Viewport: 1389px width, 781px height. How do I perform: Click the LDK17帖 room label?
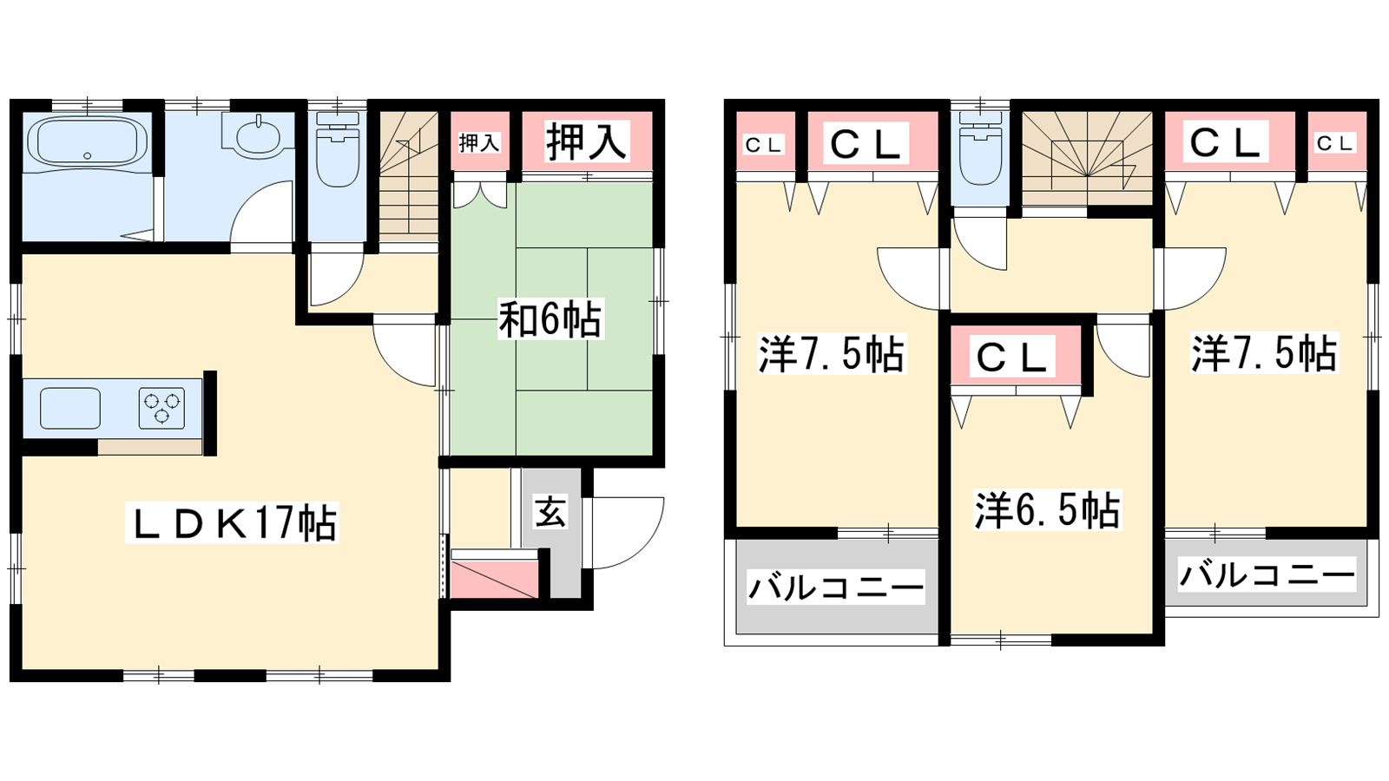coord(232,522)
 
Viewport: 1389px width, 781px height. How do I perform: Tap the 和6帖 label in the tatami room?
coord(550,319)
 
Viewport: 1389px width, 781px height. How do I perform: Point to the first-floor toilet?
coord(338,148)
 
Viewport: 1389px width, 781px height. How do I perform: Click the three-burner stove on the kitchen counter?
coord(161,409)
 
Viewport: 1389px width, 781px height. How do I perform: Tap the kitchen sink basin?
coord(70,409)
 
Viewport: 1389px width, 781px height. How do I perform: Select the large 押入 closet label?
coord(586,141)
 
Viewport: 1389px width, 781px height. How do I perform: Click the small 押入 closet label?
coord(479,142)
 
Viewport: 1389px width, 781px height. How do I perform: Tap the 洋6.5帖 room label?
coord(1047,510)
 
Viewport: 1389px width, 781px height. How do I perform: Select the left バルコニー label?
coord(836,587)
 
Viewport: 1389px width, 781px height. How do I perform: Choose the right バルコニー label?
coord(1267,574)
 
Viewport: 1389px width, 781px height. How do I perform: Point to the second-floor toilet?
coord(980,148)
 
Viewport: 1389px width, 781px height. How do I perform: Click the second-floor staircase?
coord(1087,159)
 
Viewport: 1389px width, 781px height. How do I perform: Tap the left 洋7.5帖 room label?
coord(831,354)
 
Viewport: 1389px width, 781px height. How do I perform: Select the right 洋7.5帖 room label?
coord(1264,353)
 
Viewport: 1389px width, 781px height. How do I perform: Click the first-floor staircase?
coord(409,177)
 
